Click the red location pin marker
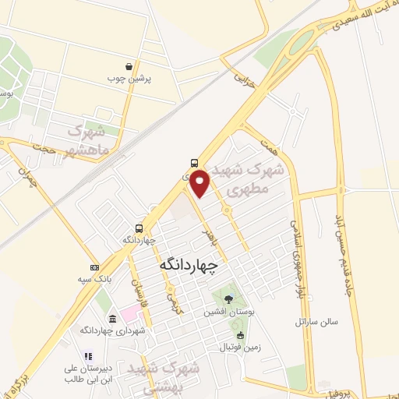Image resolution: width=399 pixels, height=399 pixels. tap(200, 182)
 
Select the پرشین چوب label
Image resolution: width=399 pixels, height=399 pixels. tap(138, 79)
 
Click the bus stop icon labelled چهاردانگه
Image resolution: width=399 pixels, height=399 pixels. tap(139, 228)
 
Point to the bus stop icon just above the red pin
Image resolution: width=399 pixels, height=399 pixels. tap(192, 164)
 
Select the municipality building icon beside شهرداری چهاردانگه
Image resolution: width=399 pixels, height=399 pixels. tap(113, 320)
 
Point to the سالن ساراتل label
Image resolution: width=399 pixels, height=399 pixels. tap(313, 322)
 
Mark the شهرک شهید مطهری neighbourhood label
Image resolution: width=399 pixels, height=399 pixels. tap(251, 178)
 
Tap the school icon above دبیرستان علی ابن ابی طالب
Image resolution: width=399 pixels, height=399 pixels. tap(87, 355)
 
